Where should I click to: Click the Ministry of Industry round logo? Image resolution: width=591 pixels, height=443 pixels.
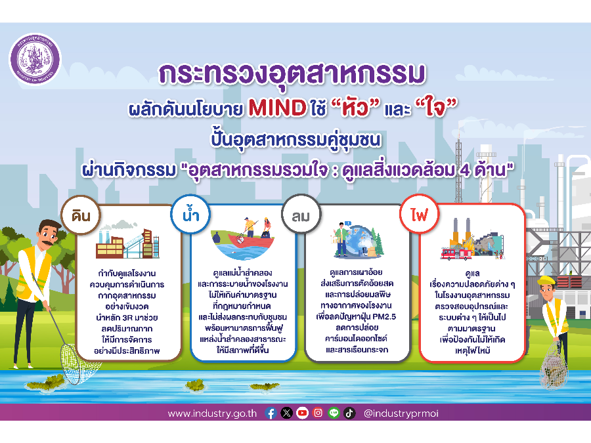35,58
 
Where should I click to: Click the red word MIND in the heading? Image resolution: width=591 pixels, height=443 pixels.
276,107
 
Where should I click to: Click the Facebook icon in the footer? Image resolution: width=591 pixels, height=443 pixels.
271,413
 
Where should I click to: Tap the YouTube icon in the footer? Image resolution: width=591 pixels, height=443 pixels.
302,413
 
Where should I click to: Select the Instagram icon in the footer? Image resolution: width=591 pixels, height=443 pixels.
318,413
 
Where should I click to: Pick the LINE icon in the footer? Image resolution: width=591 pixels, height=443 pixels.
334,413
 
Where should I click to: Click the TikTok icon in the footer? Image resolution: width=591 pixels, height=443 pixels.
349,413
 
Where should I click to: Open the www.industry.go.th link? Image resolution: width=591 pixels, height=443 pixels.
212,413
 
